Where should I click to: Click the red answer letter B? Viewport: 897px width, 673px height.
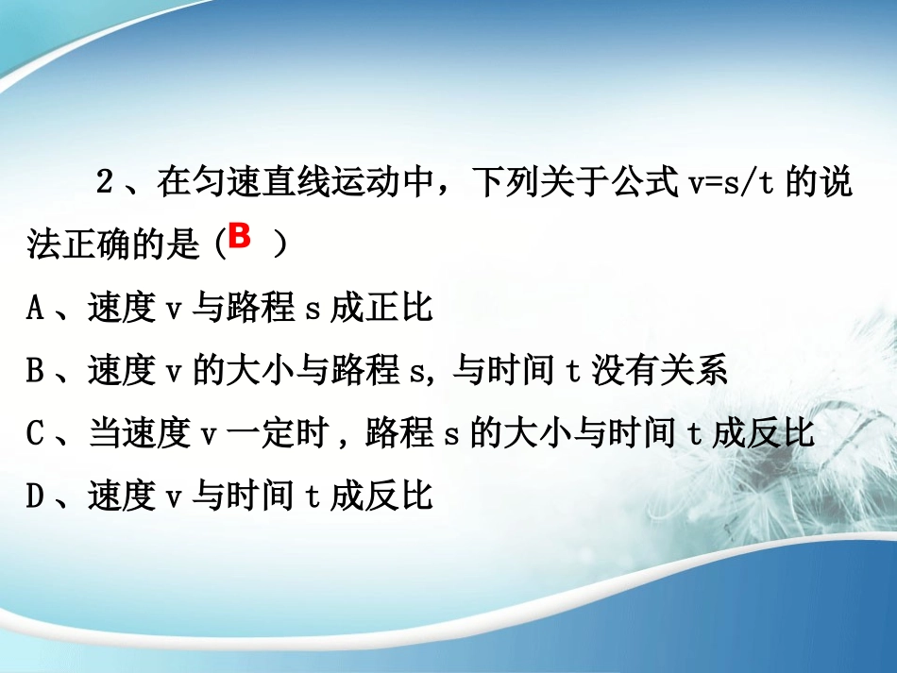(240, 237)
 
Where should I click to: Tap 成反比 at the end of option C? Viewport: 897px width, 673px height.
(762, 433)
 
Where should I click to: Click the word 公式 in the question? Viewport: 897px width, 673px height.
(636, 183)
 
